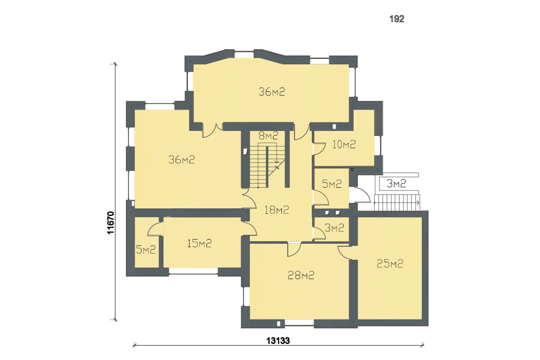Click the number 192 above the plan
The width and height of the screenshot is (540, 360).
point(396,19)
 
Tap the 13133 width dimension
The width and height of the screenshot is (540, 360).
point(278,341)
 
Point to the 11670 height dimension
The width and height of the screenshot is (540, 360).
point(111,223)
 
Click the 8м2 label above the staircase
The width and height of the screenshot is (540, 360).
point(268,135)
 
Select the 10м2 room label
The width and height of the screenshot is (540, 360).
point(343,144)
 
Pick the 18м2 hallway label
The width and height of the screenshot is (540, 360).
point(276,209)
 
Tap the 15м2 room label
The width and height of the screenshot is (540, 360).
point(199,243)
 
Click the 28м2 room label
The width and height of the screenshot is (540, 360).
point(301,275)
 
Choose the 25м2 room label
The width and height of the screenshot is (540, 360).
point(390,264)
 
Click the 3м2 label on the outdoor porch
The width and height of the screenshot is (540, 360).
point(396,184)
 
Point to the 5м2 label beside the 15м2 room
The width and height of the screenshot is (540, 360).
point(146,250)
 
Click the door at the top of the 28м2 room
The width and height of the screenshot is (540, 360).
point(294,249)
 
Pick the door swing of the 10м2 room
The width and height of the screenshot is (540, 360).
point(319,148)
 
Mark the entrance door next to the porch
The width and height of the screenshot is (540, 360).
point(362,195)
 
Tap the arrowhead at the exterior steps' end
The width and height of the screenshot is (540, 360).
point(418,203)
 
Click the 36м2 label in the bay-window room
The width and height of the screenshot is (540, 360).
point(272,92)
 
